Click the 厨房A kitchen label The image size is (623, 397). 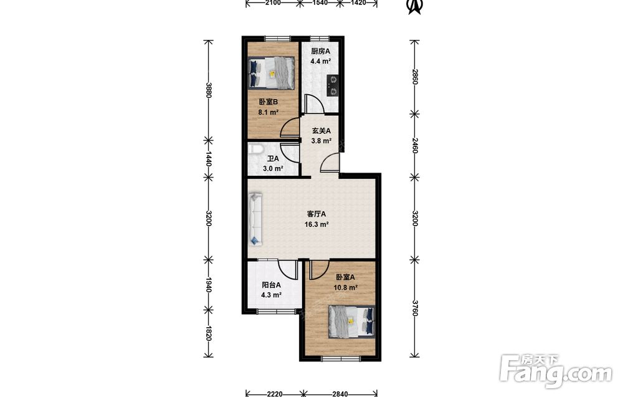pos(320,51)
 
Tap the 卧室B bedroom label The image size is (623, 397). pos(268,102)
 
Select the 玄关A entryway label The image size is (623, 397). pos(321,130)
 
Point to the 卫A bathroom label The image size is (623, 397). pos(273,158)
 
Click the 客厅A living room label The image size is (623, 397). pos(316,214)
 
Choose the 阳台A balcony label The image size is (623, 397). pos(272,285)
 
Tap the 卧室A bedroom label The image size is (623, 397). pos(345,277)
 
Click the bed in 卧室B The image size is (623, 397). pos(272,73)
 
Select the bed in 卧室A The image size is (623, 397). pos(351,322)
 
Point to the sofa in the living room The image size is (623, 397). pos(255,218)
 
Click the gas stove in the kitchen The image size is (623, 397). pos(332,86)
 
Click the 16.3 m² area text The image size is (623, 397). pos(316,224)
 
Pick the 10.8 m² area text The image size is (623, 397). pos(345,287)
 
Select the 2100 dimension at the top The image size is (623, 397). pos(273,2)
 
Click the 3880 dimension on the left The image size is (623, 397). pos(208,90)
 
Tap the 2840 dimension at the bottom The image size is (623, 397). pos(340,394)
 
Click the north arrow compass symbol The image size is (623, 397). pos(416,6)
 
